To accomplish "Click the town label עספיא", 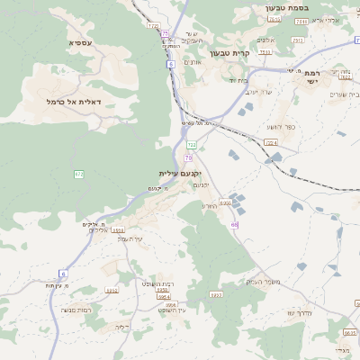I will [x=79, y=42].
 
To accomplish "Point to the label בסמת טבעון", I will [x=287, y=8].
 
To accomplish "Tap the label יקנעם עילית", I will [x=180, y=173].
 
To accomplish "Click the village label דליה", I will [x=123, y=327].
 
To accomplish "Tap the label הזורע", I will [x=208, y=205].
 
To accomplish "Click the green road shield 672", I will [x=78, y=174].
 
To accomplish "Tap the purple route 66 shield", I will [x=235, y=225].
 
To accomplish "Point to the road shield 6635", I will [x=350, y=333].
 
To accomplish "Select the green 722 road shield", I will [x=192, y=144].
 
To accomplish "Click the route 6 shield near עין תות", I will [x=63, y=273].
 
